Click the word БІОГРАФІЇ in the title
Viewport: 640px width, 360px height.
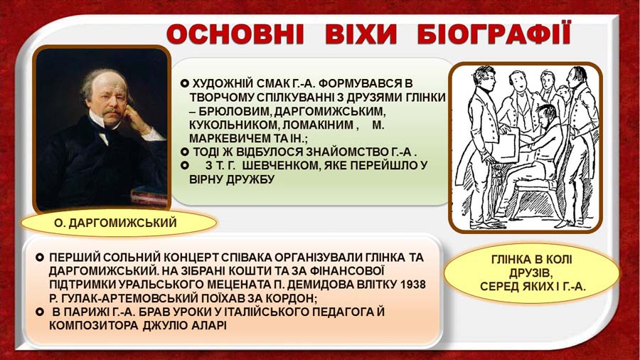click(x=494, y=34)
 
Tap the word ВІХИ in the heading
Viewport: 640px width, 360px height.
click(x=361, y=34)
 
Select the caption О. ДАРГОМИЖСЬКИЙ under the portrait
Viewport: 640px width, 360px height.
click(x=115, y=223)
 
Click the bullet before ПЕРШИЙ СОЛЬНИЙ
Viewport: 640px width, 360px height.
click(x=40, y=258)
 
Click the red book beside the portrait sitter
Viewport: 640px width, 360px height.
click(x=149, y=196)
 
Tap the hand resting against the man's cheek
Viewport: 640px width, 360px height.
click(x=134, y=118)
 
